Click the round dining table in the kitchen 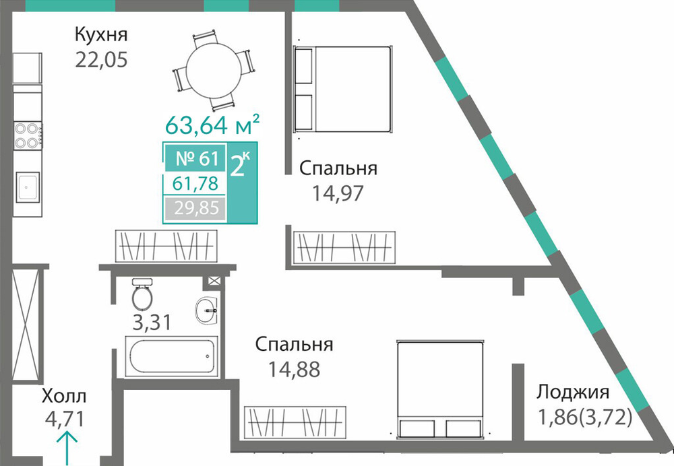pyautogui.click(x=214, y=71)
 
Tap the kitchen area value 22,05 pyautogui.click(x=102, y=59)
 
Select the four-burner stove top pyautogui.click(x=28, y=135)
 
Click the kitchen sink pyautogui.click(x=28, y=187)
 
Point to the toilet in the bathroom pyautogui.click(x=142, y=294)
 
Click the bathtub pyautogui.click(x=171, y=356)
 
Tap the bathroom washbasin pyautogui.click(x=207, y=309)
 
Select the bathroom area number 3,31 pyautogui.click(x=152, y=322)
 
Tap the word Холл pyautogui.click(x=64, y=396)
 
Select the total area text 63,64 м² pyautogui.click(x=212, y=125)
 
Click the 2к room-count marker pyautogui.click(x=241, y=164)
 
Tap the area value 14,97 pyautogui.click(x=338, y=193)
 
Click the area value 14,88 pyautogui.click(x=295, y=369)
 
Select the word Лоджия pyautogui.click(x=572, y=392)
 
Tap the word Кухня pyautogui.click(x=102, y=34)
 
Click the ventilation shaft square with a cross pyautogui.click(x=214, y=281)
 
